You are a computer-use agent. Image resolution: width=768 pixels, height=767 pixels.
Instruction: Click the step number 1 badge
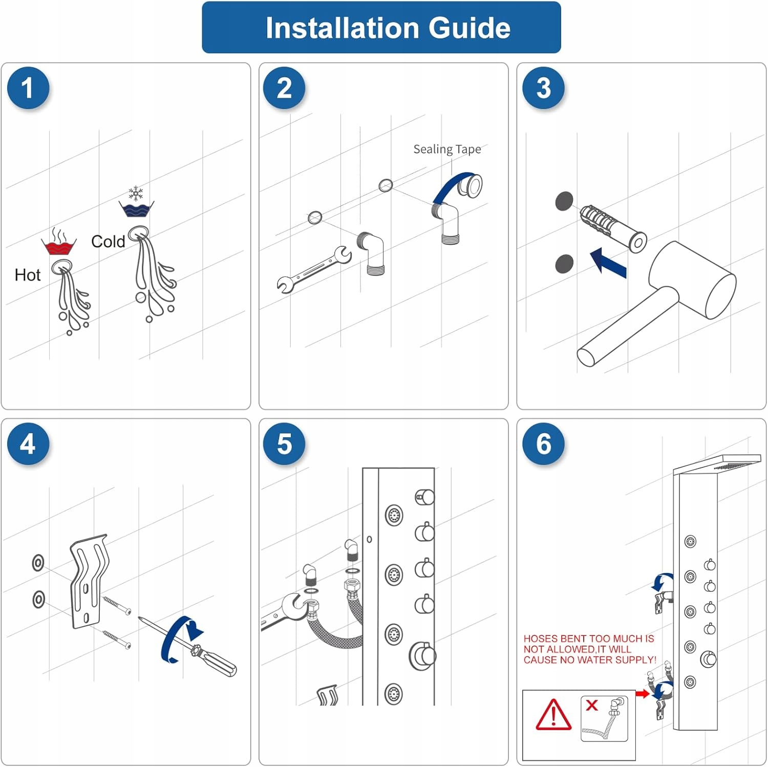tap(28, 88)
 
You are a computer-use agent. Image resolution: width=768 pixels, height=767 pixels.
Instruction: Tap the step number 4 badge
tap(28, 444)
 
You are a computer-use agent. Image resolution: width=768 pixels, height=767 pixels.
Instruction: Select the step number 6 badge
tap(543, 444)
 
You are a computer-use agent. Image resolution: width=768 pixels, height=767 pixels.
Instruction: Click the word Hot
tap(27, 275)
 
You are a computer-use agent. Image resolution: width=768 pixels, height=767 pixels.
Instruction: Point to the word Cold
tap(108, 242)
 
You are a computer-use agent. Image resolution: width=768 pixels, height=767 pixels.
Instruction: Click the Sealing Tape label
tap(447, 150)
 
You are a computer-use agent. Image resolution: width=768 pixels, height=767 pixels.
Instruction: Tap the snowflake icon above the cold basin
tap(136, 194)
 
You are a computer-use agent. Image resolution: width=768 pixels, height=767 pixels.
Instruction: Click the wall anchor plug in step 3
tap(613, 227)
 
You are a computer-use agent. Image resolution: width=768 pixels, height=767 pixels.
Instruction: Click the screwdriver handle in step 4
tap(216, 661)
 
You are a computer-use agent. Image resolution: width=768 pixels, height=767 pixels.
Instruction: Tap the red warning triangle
tap(553, 715)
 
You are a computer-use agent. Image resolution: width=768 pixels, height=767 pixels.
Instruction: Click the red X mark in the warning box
tap(592, 705)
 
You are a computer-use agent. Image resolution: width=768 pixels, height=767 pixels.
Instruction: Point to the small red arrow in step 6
tap(642, 694)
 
